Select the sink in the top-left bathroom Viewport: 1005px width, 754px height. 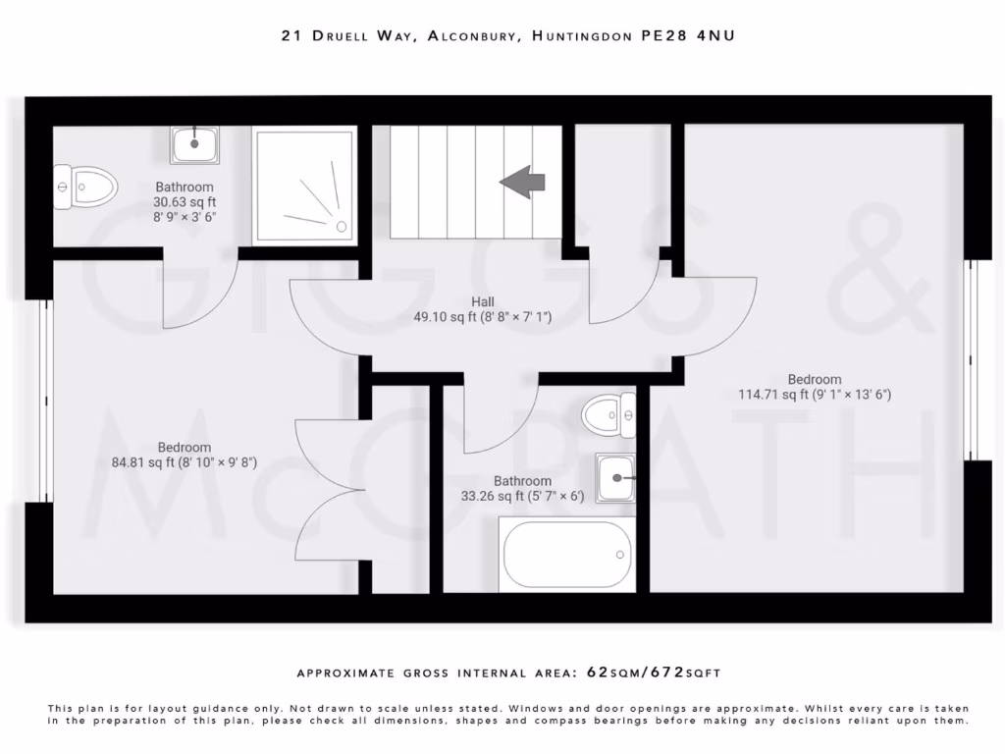point(195,145)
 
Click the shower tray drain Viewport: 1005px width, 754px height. point(342,226)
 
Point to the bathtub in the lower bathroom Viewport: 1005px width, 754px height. point(566,556)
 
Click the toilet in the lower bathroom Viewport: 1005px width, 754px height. point(608,413)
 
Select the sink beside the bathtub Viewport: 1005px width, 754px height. point(615,478)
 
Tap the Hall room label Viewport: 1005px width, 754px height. point(482,301)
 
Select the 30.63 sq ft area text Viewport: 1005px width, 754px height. point(185,202)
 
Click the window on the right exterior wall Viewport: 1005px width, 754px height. point(972,359)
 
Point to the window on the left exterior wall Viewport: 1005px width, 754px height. point(45,401)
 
